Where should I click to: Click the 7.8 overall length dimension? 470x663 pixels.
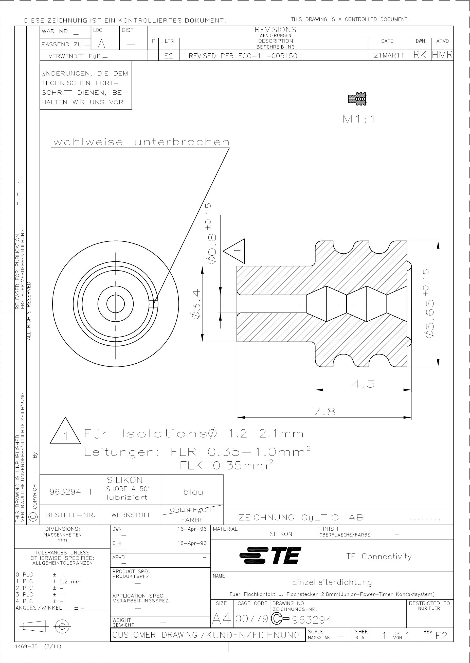[x=324, y=411]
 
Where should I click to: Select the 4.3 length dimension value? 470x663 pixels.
[x=363, y=384]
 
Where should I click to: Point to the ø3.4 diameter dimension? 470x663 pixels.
[x=196, y=304]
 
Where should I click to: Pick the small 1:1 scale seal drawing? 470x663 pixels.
[x=358, y=99]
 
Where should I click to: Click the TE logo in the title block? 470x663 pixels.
[x=270, y=555]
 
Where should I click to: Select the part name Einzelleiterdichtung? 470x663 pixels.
[x=332, y=582]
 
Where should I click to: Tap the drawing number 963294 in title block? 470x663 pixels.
[x=312, y=620]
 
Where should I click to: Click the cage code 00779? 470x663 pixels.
[x=252, y=619]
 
